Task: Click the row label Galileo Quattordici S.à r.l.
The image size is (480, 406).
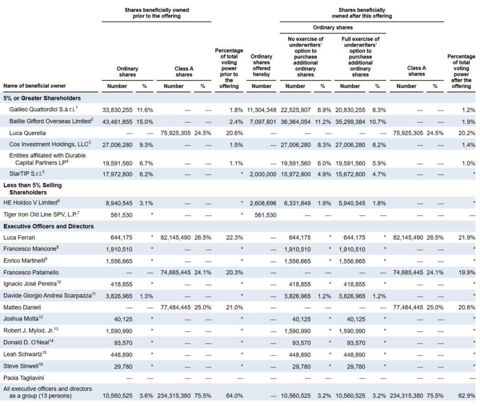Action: [43, 109]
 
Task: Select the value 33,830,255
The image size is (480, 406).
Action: [117, 110]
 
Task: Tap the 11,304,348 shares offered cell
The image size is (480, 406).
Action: [261, 110]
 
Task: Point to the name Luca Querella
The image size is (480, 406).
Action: [27, 133]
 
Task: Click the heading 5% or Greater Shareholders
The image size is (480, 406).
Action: [42, 98]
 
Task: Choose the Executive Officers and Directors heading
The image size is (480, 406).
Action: [48, 226]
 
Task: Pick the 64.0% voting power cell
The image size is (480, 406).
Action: [234, 395]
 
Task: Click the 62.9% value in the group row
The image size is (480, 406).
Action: [467, 395]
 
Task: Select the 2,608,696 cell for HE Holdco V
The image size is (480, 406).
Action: [263, 203]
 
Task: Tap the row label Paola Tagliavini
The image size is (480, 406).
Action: [23, 378]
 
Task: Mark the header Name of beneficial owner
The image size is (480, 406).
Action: [34, 85]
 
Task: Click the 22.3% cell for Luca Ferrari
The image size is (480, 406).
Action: [234, 237]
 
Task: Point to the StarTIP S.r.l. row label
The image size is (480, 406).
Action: [27, 173]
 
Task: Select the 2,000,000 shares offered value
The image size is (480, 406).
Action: [263, 174]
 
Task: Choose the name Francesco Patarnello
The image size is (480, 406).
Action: [31, 272]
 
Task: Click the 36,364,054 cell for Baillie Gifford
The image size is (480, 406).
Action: [295, 121]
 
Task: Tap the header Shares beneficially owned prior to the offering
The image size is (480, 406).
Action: [156, 13]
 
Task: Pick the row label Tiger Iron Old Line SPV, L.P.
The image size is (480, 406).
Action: [41, 214]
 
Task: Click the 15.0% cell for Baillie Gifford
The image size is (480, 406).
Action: [145, 121]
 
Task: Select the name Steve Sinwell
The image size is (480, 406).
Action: [23, 366]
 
